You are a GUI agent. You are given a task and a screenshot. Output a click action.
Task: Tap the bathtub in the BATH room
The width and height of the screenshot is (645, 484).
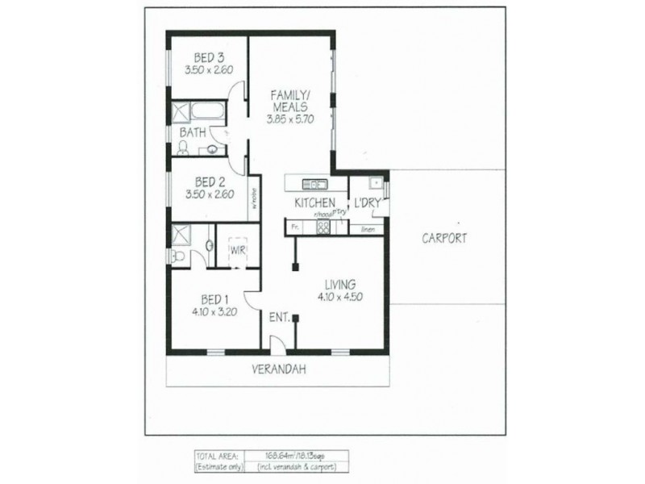(198, 111)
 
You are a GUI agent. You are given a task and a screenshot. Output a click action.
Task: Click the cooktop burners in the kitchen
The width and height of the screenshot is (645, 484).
(323, 227)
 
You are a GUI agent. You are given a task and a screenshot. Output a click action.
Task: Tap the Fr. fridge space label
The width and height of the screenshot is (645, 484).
(295, 228)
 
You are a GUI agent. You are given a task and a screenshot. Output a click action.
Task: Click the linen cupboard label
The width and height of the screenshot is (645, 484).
(367, 228)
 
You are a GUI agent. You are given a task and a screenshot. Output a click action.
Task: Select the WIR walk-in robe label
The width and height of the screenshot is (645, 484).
(236, 250)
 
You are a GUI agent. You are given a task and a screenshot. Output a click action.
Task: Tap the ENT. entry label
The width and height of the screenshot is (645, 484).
(279, 318)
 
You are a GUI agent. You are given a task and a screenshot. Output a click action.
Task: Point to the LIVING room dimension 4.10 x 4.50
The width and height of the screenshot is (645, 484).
(339, 297)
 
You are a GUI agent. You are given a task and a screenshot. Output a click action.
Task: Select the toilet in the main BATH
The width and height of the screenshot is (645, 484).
(184, 147)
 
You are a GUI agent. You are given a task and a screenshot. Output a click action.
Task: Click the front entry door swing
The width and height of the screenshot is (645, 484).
(277, 345)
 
